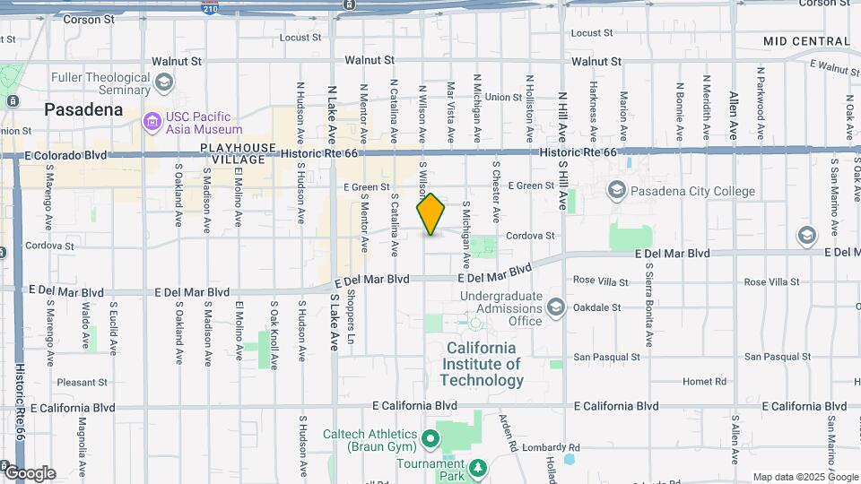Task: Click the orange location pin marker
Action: point(431,214)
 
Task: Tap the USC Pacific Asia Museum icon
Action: point(152,121)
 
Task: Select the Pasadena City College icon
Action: point(616,190)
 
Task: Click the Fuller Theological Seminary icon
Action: point(163,83)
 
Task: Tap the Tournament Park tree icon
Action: point(478,467)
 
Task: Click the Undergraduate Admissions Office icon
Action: point(555,308)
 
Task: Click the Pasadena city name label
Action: point(83,110)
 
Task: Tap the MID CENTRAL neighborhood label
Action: point(806,41)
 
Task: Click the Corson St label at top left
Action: point(84,18)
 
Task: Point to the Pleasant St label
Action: point(83,382)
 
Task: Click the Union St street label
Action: point(504,97)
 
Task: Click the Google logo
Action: point(30,472)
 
